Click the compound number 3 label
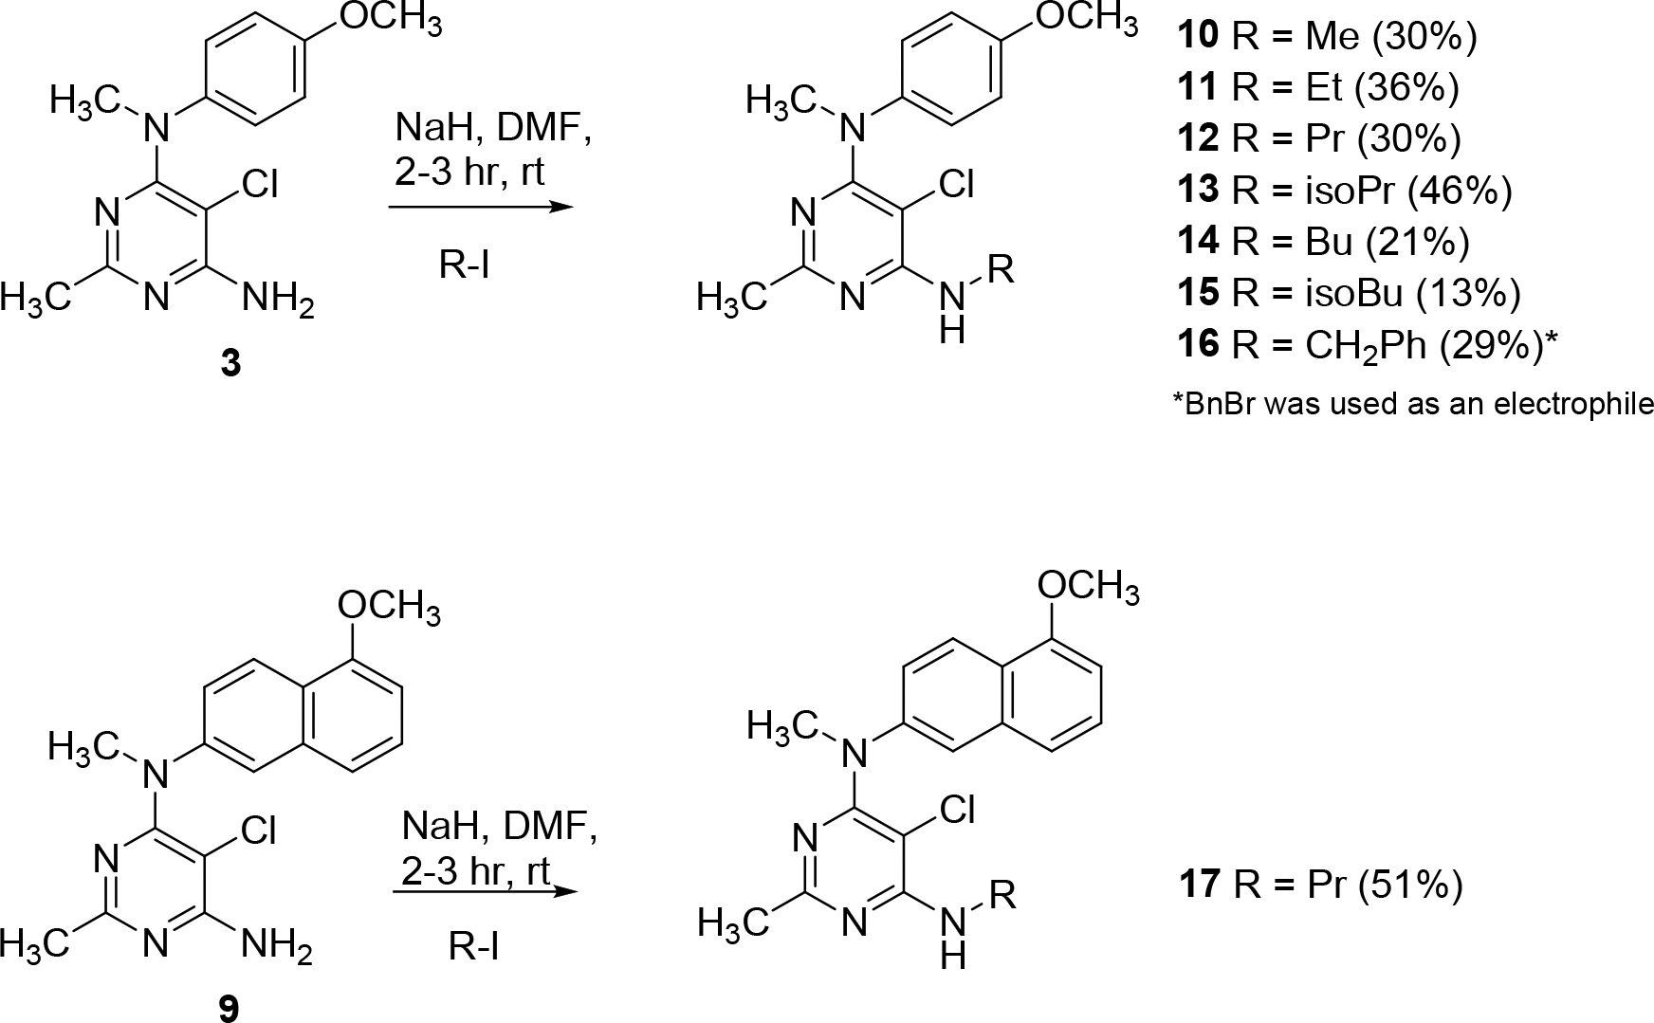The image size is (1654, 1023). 230,364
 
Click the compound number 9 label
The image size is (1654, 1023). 230,1008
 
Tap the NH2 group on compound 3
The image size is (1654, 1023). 278,300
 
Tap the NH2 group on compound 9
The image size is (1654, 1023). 277,944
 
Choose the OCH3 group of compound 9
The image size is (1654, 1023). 390,607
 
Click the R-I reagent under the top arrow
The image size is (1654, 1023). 465,266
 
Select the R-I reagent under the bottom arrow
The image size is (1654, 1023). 474,947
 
